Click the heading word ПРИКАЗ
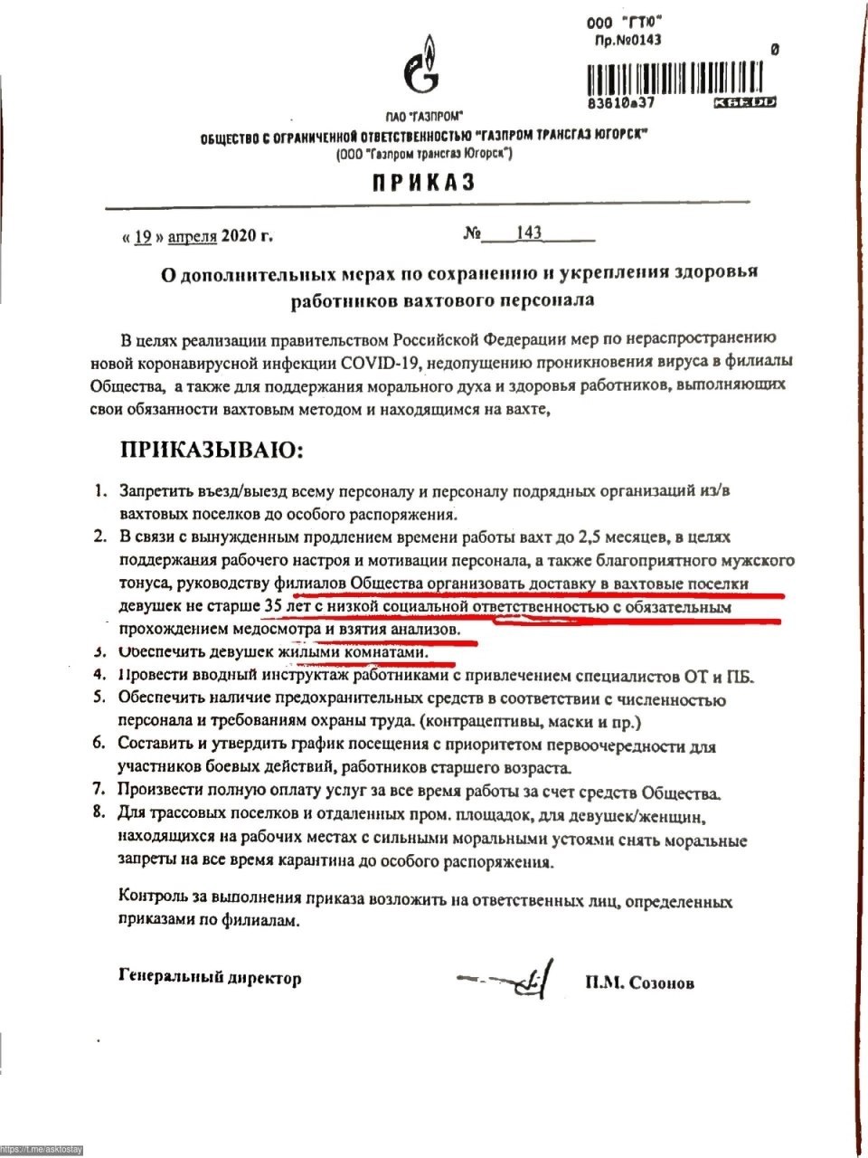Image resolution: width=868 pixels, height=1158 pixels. [422, 183]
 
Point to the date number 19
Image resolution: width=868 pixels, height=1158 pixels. [143, 238]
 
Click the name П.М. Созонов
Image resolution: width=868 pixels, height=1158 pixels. [639, 982]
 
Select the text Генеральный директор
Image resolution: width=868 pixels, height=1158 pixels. [209, 978]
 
